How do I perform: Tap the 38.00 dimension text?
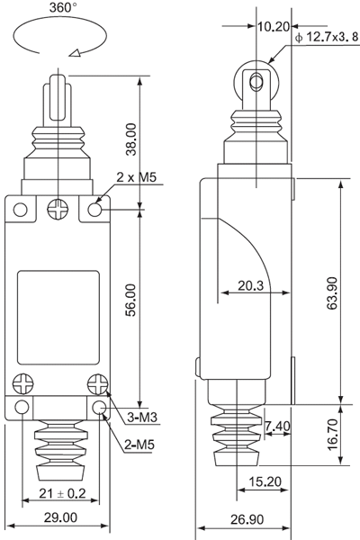click(x=131, y=139)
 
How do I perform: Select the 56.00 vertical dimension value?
click(x=131, y=300)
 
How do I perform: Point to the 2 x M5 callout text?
click(x=137, y=177)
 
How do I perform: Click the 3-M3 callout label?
click(x=142, y=418)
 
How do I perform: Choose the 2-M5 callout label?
click(x=139, y=445)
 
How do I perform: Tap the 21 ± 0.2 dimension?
click(x=62, y=493)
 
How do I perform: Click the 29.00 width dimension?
click(x=60, y=517)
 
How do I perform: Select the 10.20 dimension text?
click(x=274, y=26)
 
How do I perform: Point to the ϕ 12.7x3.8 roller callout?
click(x=327, y=37)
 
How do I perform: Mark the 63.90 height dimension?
click(x=332, y=293)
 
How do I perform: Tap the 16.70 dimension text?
click(x=332, y=435)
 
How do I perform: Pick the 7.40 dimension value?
click(x=277, y=426)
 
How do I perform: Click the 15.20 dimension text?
click(x=265, y=481)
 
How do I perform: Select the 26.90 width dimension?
click(x=247, y=519)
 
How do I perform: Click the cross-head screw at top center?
click(x=58, y=209)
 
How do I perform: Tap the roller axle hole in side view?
click(x=256, y=82)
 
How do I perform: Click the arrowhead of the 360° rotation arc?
click(x=75, y=53)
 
